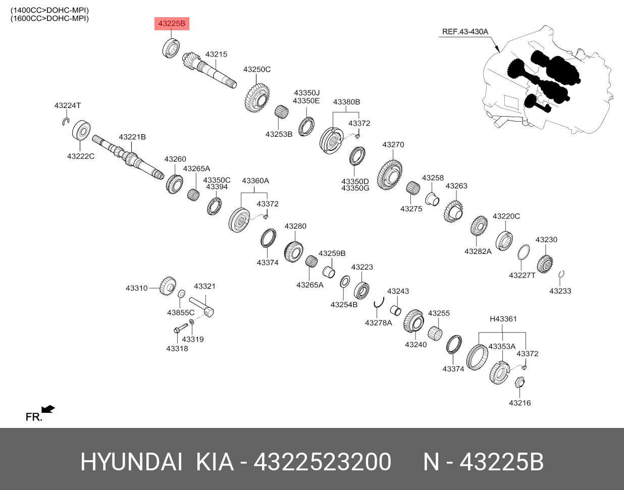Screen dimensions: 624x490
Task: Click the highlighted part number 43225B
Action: pyautogui.click(x=172, y=24)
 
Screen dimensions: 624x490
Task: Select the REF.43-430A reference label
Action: pyautogui.click(x=465, y=32)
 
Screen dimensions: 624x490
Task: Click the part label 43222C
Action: pyautogui.click(x=81, y=156)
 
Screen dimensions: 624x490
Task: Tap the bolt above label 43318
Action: pyautogui.click(x=180, y=328)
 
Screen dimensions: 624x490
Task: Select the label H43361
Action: pyautogui.click(x=503, y=319)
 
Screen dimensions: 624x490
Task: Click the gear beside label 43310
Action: pyautogui.click(x=168, y=286)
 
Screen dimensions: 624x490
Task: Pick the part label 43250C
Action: pyautogui.click(x=257, y=70)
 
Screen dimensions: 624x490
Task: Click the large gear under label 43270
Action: pyautogui.click(x=390, y=175)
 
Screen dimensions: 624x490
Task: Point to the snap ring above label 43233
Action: pyautogui.click(x=561, y=274)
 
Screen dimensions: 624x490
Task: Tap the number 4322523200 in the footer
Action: pyautogui.click(x=322, y=462)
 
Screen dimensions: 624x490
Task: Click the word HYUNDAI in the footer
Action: pyautogui.click(x=132, y=462)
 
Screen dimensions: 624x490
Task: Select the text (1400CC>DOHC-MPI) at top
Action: pyautogui.click(x=49, y=10)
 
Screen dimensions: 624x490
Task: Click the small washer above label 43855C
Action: pyautogui.click(x=181, y=294)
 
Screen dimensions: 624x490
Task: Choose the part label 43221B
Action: pyautogui.click(x=132, y=137)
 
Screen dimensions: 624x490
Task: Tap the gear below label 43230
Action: pyautogui.click(x=545, y=263)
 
